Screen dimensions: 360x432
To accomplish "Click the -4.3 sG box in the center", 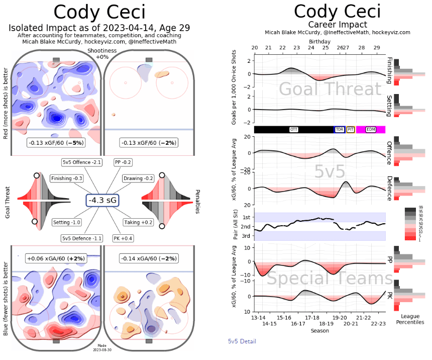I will tap(102, 200).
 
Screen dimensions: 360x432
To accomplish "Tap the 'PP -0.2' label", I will tap(124, 162).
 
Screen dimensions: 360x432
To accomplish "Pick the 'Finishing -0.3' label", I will tap(67, 178).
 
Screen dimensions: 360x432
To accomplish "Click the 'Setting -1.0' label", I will tap(67, 222).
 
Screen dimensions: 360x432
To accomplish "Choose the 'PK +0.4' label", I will tap(123, 238).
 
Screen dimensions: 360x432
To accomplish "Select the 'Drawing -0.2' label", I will tap(138, 178).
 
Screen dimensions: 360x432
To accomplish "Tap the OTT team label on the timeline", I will tap(294, 129).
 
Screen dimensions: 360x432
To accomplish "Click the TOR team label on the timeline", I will tap(340, 129).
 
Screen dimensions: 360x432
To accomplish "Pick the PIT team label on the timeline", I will tap(351, 129).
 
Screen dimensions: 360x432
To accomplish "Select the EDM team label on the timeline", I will tap(371, 129).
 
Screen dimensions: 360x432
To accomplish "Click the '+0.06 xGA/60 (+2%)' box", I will tap(56, 258).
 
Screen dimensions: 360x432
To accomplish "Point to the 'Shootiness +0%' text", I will tap(102, 54).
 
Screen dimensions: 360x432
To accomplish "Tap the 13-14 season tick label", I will tap(258, 318).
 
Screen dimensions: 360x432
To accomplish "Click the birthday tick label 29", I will tap(377, 47).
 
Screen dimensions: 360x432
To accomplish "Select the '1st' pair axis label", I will tap(246, 217).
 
